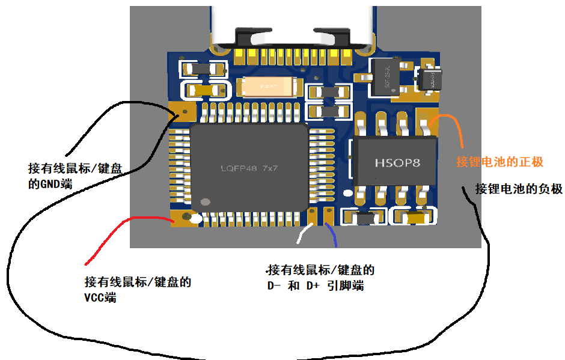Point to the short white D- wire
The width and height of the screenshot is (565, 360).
[302, 234]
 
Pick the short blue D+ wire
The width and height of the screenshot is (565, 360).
[332, 235]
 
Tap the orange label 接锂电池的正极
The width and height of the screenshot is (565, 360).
[499, 162]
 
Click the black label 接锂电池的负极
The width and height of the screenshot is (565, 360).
[518, 189]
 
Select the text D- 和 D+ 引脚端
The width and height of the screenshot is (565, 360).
[316, 286]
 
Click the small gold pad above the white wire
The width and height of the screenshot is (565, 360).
[312, 215]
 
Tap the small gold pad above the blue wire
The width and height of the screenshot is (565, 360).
[329, 215]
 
